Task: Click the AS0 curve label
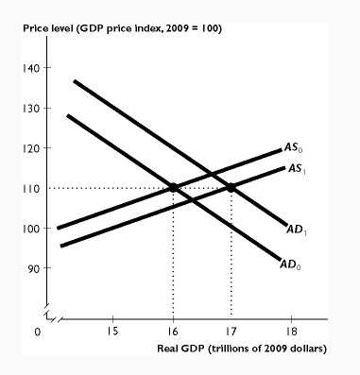296,148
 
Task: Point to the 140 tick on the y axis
33,70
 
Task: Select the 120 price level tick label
33,149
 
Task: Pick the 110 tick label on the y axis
33,189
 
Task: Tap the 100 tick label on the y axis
33,229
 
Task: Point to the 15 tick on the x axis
112,332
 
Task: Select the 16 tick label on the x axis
173,332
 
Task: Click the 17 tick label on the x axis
231,332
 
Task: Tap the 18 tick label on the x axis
290,332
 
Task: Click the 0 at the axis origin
38,332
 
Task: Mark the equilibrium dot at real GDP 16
173,188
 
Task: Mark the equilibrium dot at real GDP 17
231,188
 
